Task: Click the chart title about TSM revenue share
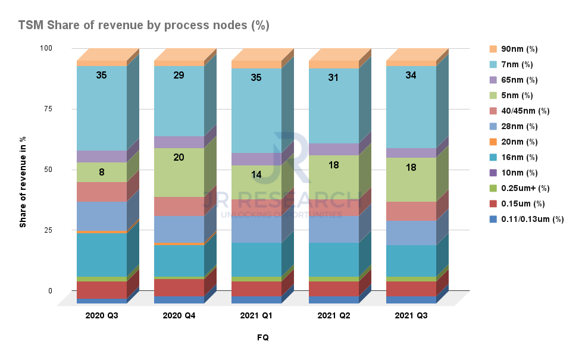point(144,25)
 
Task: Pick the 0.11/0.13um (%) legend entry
point(531,219)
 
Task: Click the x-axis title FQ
point(262,337)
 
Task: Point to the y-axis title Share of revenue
point(23,181)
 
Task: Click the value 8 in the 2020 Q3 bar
point(102,172)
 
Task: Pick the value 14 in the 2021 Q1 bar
point(256,174)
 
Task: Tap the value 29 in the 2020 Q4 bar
point(179,75)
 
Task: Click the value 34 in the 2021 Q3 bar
point(411,75)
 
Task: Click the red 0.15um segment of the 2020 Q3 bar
point(102,290)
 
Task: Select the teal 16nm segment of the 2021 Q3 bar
point(411,261)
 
